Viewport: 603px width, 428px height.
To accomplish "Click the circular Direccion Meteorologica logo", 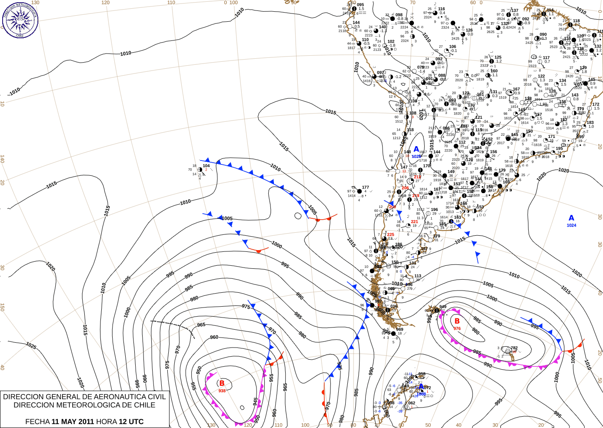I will click(x=20, y=20).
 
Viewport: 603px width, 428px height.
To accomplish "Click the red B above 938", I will click(x=222, y=383).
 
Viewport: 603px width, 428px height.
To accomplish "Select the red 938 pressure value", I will click(x=222, y=391).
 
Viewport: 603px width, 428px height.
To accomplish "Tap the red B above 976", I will click(x=457, y=321).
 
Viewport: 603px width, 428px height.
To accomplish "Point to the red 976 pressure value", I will click(x=457, y=328).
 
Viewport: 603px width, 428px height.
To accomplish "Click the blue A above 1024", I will click(x=571, y=218).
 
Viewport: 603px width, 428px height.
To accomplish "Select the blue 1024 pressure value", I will click(x=571, y=225).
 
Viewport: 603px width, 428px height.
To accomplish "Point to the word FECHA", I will click(x=37, y=421).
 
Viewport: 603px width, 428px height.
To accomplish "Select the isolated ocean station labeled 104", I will click(x=206, y=166).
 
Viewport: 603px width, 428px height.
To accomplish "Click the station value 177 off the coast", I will click(x=365, y=187).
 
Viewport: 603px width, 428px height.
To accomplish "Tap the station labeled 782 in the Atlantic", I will click(x=514, y=348).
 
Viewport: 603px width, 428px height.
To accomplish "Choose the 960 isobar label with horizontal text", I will click(x=214, y=337).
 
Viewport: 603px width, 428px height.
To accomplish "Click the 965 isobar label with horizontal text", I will click(x=201, y=325).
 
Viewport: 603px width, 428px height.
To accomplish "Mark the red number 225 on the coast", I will click(x=390, y=234).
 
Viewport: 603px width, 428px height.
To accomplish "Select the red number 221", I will click(x=414, y=221).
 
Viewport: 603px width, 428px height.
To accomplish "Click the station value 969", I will click(x=400, y=329).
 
